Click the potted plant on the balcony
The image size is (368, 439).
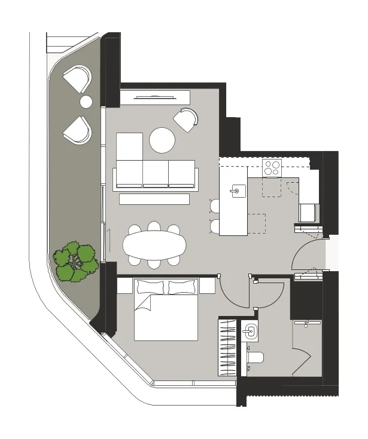tap(75, 261)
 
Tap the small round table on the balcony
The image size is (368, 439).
tap(86, 102)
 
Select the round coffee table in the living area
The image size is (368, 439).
tap(162, 141)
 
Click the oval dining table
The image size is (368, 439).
tap(154, 244)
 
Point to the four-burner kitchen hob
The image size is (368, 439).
tap(272, 167)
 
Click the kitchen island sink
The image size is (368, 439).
tap(237, 191)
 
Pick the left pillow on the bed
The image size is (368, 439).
tap(150, 287)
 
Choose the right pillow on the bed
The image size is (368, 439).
tap(181, 287)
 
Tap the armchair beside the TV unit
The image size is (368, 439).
tap(186, 119)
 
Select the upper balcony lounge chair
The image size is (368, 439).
tap(77, 78)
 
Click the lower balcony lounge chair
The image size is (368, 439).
tap(77, 130)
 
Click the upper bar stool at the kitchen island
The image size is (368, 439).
tap(215, 205)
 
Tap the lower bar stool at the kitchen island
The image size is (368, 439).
tap(215, 226)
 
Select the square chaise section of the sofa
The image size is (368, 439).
tap(129, 146)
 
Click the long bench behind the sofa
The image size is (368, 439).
tap(158, 199)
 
